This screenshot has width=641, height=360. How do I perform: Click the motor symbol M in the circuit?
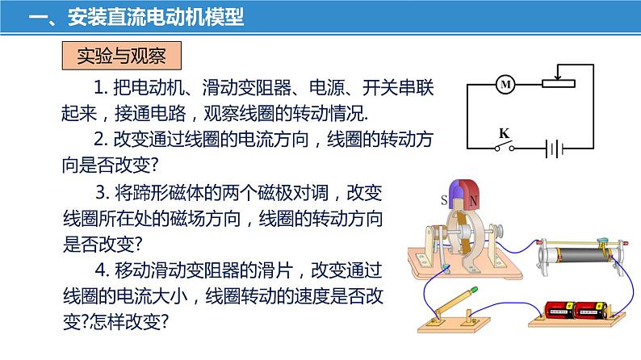tap(506, 84)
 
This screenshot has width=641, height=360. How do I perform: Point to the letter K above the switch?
tap(504, 132)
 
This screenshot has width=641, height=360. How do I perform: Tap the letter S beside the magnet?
tap(442, 199)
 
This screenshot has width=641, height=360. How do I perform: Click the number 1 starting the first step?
tap(99, 86)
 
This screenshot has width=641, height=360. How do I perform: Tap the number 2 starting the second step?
tap(99, 138)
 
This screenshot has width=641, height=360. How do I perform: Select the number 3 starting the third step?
tap(100, 194)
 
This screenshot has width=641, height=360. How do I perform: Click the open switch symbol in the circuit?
tap(505, 147)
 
